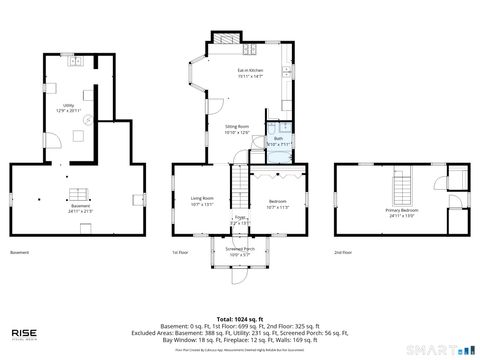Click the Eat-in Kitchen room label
click(x=250, y=72)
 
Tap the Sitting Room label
click(x=237, y=130)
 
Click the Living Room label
click(x=203, y=202)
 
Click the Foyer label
click(x=240, y=219)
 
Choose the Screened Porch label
click(x=240, y=251)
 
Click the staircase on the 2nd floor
click(x=402, y=185)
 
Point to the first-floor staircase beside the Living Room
click(x=240, y=186)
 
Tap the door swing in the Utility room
click(x=88, y=121)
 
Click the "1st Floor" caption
click(x=179, y=253)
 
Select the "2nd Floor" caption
click(x=343, y=253)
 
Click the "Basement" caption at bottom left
click(x=19, y=253)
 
